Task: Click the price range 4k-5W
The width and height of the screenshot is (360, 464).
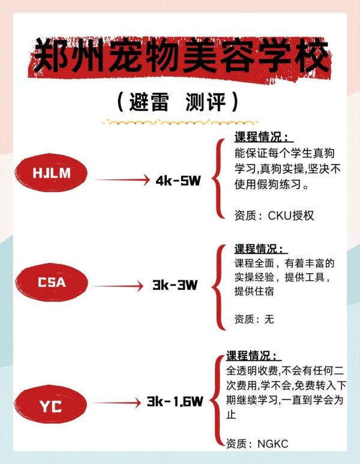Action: [178, 181]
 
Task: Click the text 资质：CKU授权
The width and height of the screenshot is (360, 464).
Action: [274, 215]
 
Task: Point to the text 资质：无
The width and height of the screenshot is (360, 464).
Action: [254, 319]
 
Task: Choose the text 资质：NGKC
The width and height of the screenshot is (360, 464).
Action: [257, 444]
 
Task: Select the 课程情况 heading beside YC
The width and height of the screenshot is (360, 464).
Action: [253, 355]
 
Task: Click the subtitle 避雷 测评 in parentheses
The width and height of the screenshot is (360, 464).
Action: [179, 101]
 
